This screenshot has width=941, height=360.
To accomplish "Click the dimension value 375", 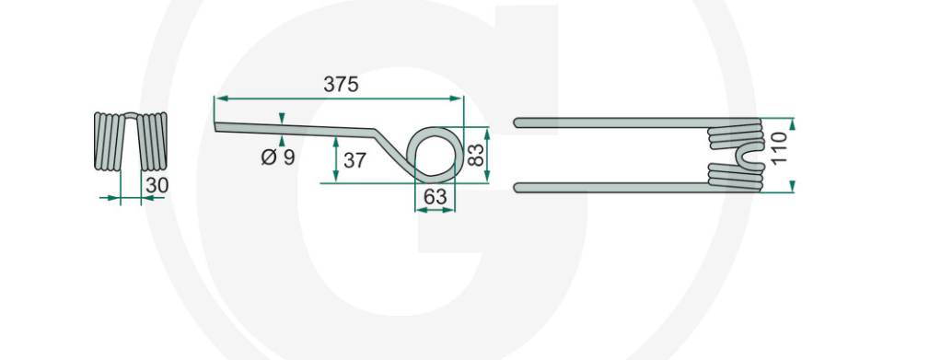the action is tap(341, 85).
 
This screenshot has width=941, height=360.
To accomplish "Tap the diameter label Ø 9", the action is tap(278, 157).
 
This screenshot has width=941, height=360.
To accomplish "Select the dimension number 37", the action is tap(354, 160).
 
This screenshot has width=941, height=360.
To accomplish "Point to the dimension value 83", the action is tap(475, 155).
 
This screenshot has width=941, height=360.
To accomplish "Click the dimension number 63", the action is tap(436, 196).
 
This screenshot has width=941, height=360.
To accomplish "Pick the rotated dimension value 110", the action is tap(778, 149).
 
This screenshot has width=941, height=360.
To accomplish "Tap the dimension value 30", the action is tap(157, 185).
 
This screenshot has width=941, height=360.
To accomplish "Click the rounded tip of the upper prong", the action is tap(517, 122).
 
